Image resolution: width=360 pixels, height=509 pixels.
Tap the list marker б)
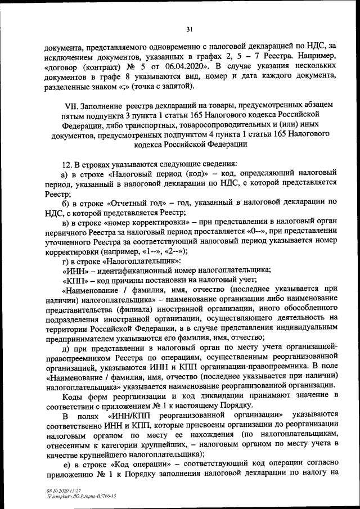click(x=65, y=202)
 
